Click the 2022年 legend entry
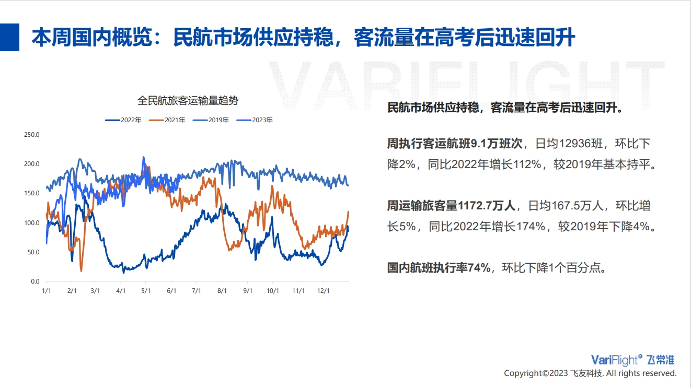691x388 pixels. (123, 120)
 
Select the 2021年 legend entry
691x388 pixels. (167, 120)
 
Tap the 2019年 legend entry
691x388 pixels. (211, 120)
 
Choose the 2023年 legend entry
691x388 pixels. (255, 120)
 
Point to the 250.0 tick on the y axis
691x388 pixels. (32, 135)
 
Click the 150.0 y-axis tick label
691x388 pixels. (32, 193)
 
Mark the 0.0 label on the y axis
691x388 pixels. (35, 281)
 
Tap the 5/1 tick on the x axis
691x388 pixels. (146, 291)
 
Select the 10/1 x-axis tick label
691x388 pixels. (273, 291)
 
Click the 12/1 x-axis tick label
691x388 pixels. (324, 291)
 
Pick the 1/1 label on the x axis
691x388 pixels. (47, 291)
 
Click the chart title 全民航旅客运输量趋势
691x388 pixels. (188, 100)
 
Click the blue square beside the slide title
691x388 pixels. (9, 37)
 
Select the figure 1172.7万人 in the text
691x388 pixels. (487, 206)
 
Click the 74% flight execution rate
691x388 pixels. (479, 267)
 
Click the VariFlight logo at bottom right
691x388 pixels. (632, 360)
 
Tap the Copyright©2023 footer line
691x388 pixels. (590, 373)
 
